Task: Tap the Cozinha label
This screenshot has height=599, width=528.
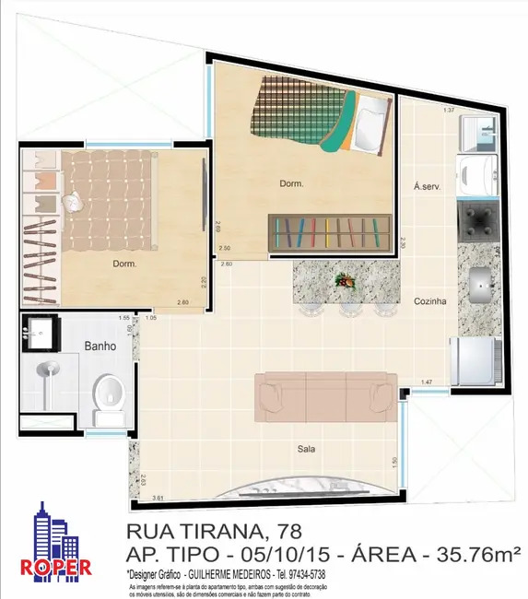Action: (429, 300)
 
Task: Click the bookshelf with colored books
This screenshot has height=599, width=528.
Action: (330, 230)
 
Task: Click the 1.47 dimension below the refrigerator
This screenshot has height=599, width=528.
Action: (427, 382)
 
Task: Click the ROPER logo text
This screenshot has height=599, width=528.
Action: (56, 567)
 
